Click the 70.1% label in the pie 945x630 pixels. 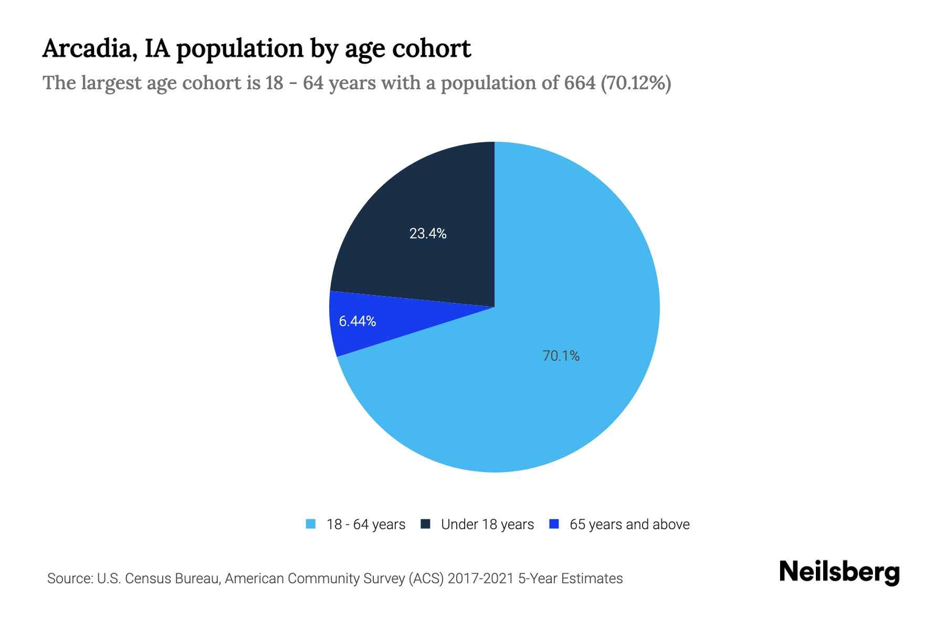tap(561, 356)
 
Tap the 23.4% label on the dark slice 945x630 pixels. tap(428, 234)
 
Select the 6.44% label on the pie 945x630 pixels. tap(358, 321)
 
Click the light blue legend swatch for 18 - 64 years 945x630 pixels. tap(311, 524)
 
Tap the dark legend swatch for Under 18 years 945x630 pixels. tap(425, 524)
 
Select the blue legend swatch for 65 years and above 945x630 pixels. tap(553, 524)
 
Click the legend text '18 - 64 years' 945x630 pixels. tap(366, 524)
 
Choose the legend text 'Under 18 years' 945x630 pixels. tap(487, 524)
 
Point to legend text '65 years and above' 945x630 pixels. tap(629, 524)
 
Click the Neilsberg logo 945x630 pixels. tap(839, 572)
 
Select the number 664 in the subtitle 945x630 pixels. tap(580, 83)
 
